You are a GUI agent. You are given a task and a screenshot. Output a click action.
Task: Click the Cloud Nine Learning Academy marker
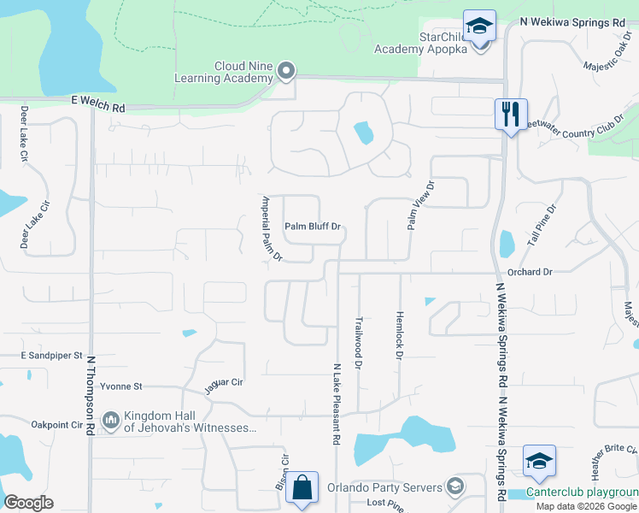pos(286,72)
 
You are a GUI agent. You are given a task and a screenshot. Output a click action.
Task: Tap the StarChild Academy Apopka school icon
pos(480,26)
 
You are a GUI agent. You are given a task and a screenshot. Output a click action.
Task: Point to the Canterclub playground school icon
pos(539,462)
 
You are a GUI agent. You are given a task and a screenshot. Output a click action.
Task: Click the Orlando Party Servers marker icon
pos(455,488)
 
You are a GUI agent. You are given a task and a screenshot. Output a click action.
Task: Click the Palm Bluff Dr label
pos(313,227)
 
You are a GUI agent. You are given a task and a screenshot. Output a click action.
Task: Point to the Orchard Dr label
pos(530,272)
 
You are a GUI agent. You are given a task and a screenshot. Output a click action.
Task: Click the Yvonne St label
pos(120,386)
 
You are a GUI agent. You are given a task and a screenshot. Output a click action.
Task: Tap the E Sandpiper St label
pos(50,354)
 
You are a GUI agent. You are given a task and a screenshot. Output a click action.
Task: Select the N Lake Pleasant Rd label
pos(337,403)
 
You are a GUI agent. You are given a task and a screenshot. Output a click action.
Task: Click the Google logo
pos(28,502)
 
